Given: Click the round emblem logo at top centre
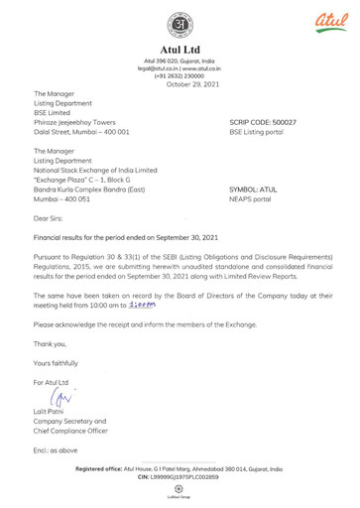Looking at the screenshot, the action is (180, 24).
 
